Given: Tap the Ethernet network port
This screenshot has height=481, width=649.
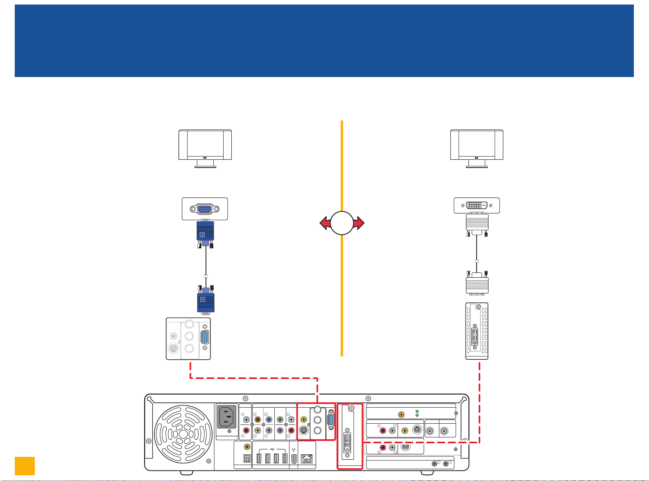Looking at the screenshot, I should click(x=306, y=458).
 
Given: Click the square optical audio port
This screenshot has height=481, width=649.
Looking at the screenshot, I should click(x=247, y=458).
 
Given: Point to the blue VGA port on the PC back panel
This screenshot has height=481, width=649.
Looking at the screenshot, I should click(x=331, y=422).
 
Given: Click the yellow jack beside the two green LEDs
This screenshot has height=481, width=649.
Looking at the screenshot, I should click(x=401, y=414).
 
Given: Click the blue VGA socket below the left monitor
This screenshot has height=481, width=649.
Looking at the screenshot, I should click(x=205, y=209).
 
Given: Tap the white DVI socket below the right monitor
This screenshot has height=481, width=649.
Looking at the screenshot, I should click(x=477, y=205).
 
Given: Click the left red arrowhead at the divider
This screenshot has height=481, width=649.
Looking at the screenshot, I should click(x=325, y=223).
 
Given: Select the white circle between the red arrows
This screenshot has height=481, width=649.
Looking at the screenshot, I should click(x=342, y=223).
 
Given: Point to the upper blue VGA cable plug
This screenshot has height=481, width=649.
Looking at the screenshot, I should click(x=205, y=233).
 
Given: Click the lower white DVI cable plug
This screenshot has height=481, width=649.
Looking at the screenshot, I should click(x=477, y=284).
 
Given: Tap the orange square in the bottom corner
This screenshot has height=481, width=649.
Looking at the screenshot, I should click(x=25, y=466).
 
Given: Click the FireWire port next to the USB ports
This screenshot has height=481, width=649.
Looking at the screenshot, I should click(x=294, y=458).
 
